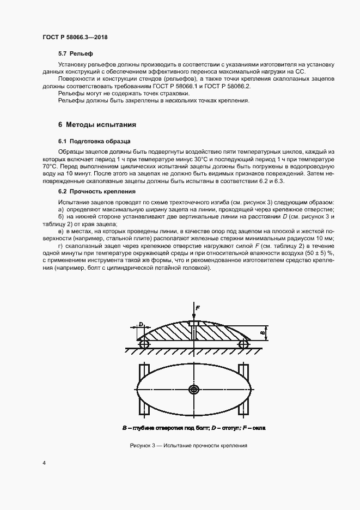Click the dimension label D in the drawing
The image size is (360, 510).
click(x=141, y=324)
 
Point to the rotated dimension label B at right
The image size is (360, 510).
click(x=263, y=331)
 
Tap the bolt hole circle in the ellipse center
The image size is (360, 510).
click(x=194, y=390)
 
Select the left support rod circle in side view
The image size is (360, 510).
click(x=144, y=344)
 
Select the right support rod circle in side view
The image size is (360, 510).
click(x=243, y=344)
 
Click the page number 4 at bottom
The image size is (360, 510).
click(x=44, y=463)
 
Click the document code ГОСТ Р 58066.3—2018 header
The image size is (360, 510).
click(x=78, y=38)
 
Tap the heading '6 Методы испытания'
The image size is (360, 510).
click(x=93, y=124)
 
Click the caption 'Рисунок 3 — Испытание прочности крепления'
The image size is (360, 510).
click(x=189, y=445)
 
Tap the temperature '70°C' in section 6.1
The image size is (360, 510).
click(x=50, y=166)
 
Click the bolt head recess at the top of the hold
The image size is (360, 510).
click(x=194, y=324)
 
